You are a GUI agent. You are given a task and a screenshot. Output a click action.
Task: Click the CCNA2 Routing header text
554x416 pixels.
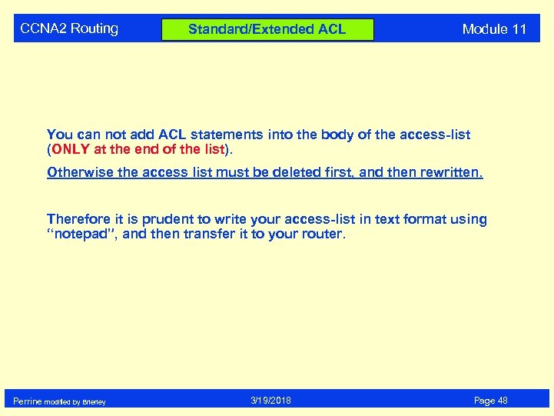[69, 28]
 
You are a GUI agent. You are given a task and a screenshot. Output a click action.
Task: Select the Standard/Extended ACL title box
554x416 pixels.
[267, 29]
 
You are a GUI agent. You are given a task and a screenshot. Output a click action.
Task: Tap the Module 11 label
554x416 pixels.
[494, 29]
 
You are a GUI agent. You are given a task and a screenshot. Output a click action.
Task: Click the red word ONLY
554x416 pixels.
[71, 149]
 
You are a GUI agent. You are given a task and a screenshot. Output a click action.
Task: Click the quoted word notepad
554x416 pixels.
[81, 234]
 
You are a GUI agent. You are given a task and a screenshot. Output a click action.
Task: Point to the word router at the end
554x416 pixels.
[323, 234]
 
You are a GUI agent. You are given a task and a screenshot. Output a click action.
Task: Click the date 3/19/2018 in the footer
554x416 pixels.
[270, 401]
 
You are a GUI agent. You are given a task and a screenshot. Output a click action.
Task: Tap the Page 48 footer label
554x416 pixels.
[491, 401]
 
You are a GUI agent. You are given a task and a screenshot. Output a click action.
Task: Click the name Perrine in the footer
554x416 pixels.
[28, 401]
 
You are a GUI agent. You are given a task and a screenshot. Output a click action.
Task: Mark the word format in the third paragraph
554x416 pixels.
[421, 219]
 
